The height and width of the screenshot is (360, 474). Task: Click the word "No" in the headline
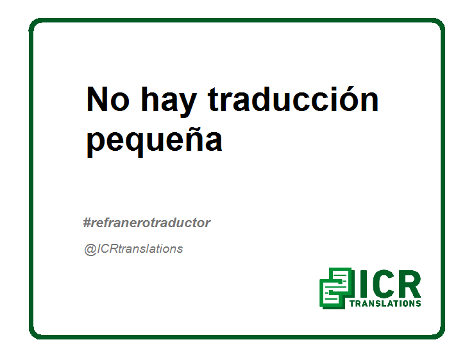point(108,99)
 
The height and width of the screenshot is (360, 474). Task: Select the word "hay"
point(169,101)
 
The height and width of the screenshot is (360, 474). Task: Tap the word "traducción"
point(293,99)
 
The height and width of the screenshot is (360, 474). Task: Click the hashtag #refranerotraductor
point(147,223)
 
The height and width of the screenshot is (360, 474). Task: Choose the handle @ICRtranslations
point(133,249)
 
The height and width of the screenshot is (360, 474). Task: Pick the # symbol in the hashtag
point(87,223)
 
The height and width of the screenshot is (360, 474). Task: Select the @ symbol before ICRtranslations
point(90,250)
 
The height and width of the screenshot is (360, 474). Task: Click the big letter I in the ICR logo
point(364,284)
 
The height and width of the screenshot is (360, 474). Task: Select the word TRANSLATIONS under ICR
point(385,304)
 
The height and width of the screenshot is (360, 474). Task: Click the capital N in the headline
point(97,99)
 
